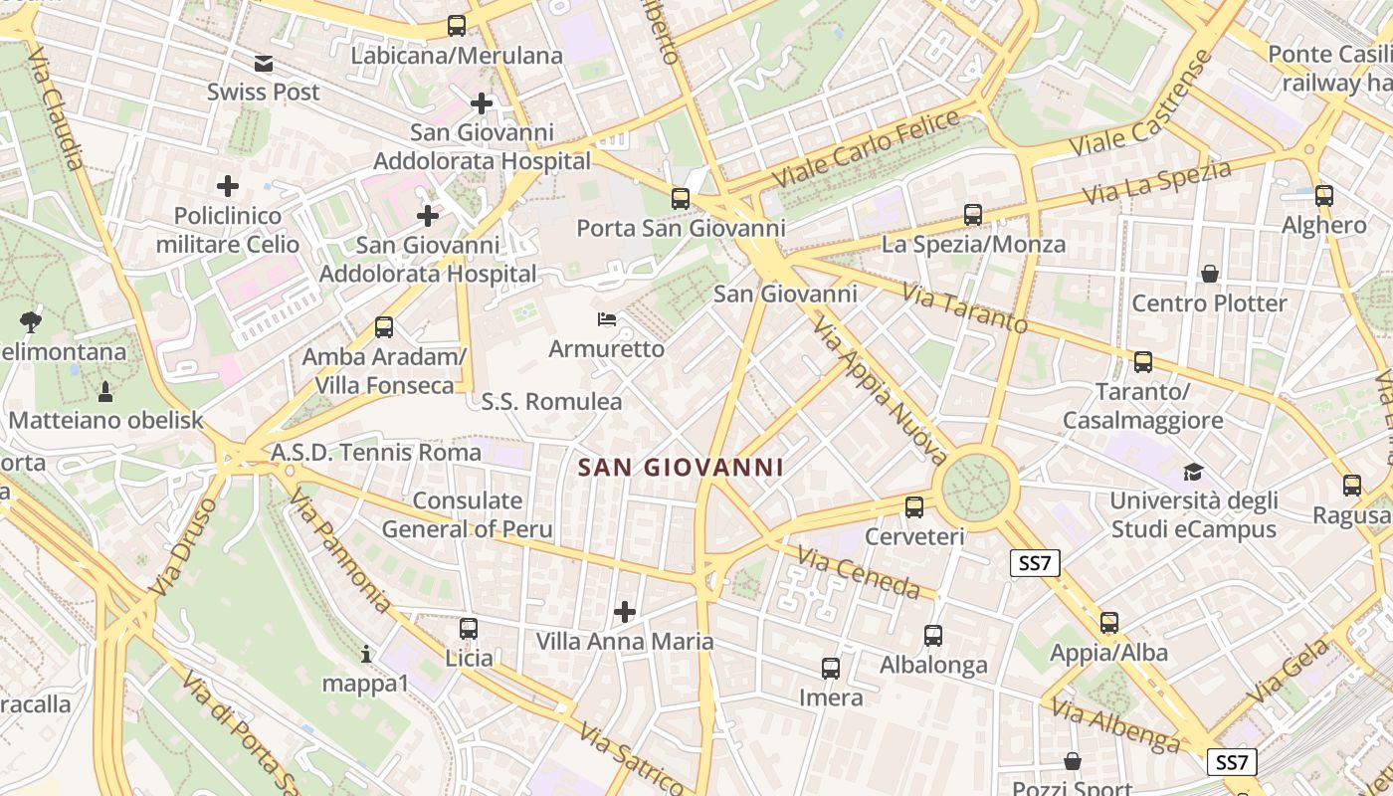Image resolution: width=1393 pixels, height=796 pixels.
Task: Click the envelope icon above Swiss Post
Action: pos(264,65)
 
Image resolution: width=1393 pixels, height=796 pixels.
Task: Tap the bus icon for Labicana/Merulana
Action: pos(457,27)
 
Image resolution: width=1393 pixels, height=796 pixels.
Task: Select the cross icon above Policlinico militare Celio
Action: pos(228,186)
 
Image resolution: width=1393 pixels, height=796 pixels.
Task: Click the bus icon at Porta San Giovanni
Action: pos(681,199)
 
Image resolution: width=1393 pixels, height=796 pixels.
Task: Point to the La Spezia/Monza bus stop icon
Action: pos(973,215)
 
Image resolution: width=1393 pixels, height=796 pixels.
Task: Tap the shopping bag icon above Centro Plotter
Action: pos(1210,274)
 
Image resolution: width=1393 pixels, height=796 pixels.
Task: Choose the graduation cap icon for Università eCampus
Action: pos(1193,472)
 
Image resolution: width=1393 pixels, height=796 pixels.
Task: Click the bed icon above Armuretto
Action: pos(607,319)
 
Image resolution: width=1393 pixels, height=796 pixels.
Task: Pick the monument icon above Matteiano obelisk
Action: pos(105,391)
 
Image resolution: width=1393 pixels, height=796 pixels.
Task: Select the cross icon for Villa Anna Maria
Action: pos(625,612)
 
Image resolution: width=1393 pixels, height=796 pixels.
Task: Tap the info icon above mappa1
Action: pos(366,655)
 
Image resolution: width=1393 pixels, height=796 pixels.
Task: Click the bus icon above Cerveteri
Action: pos(914,507)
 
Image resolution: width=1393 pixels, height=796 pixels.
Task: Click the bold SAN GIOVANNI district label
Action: pos(682,467)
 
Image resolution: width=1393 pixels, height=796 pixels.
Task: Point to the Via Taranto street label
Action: pos(964,308)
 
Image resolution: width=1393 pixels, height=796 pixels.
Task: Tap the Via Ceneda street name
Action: pos(858,574)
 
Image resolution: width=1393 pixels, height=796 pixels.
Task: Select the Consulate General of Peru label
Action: pos(467,514)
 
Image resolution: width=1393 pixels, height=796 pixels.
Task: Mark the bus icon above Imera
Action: pos(831,669)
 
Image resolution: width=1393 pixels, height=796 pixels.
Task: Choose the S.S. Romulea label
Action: pos(551,402)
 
